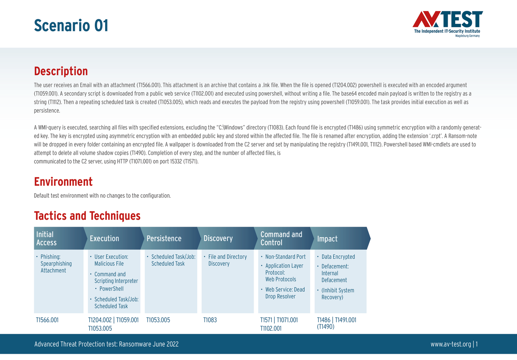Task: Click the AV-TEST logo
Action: tap(447, 24)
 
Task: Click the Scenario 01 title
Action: tap(71, 25)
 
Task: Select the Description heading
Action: tap(61, 71)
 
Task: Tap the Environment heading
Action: tap(63, 182)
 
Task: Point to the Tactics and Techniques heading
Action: tap(87, 216)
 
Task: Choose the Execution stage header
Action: tap(114, 238)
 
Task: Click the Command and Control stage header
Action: tap(284, 238)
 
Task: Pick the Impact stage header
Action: tap(341, 238)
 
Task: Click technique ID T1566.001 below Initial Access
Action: tap(47, 320)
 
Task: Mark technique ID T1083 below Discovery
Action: tap(210, 320)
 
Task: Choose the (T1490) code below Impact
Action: tap(326, 327)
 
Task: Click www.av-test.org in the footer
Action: tap(451, 344)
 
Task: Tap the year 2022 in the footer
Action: tap(172, 344)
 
